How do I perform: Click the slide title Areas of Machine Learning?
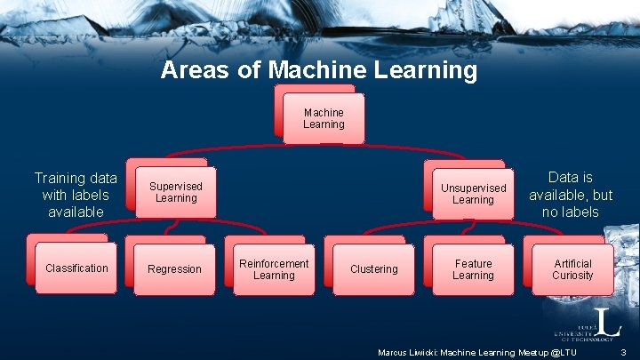coord(318,70)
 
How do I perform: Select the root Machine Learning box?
coord(323,118)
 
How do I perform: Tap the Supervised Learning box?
coord(175,192)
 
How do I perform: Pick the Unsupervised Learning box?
coord(473,194)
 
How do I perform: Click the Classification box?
coord(76,268)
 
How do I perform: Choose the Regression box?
coord(174,268)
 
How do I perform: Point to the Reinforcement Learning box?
coord(273,268)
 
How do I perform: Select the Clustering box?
coord(373,268)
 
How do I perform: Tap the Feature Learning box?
coord(473,269)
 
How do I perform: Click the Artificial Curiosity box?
coord(572,269)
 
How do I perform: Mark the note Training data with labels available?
coord(76,195)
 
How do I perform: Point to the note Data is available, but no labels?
coord(571,195)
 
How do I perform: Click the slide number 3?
coord(624,353)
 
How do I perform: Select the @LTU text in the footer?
coord(563,353)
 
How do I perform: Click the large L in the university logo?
coord(602,321)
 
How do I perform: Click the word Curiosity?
coord(572,276)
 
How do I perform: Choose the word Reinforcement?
coord(273,263)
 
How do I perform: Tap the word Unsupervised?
coord(473,188)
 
